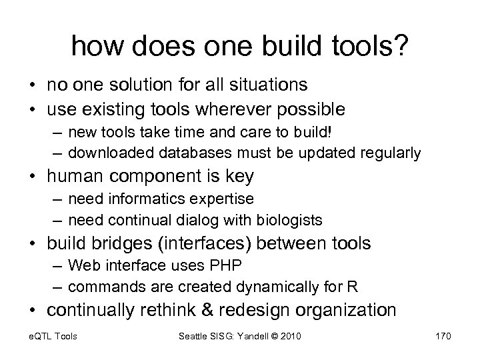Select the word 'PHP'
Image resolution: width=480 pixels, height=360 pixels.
228,265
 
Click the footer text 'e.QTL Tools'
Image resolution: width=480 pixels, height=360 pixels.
53,335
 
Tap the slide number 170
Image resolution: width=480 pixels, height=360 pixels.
441,335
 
